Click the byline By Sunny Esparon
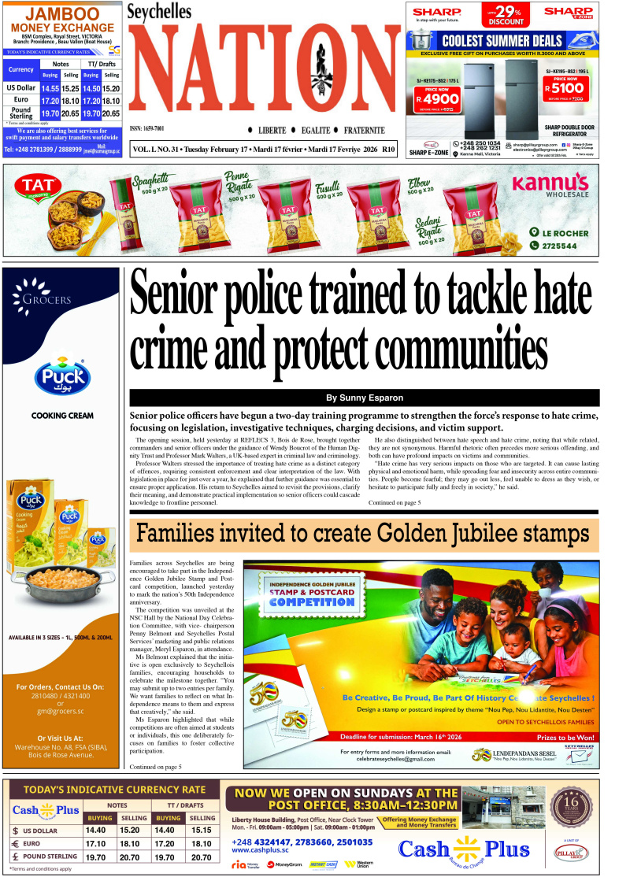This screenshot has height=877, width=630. coord(364,398)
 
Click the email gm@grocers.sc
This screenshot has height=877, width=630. coord(61,711)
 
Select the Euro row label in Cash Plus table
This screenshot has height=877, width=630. coord(40,843)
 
